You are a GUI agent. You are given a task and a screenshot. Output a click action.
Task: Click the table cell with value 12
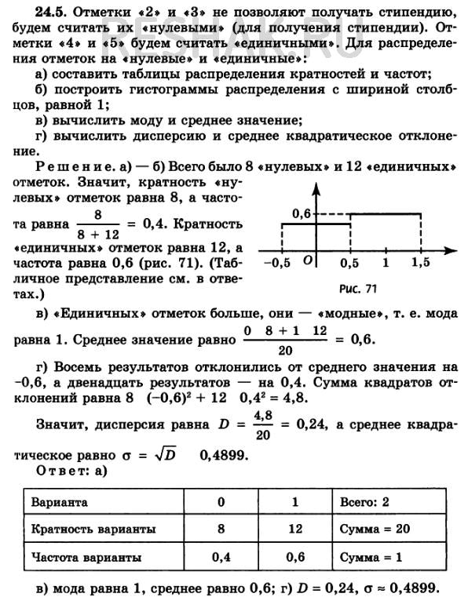tap(295, 530)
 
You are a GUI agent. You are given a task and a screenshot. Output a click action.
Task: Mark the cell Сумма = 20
tap(375, 530)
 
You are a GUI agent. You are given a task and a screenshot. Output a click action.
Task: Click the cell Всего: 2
tap(366, 501)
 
